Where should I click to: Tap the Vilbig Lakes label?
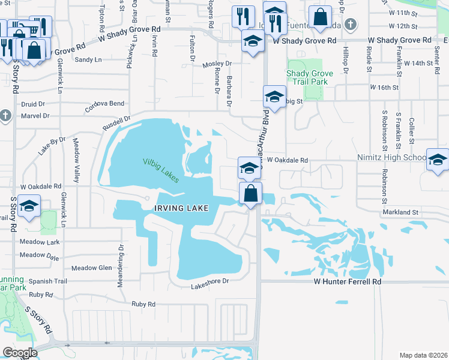[x=161, y=166]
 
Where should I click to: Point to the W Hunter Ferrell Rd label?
[x=348, y=281]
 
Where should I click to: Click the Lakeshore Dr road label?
[x=210, y=281]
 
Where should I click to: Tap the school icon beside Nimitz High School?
[x=437, y=160]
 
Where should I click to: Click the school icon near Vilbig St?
[x=274, y=97]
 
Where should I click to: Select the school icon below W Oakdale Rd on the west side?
[x=28, y=206]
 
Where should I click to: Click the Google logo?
[x=19, y=353]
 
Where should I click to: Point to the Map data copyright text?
[x=423, y=355]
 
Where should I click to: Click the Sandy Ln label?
[x=88, y=59]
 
